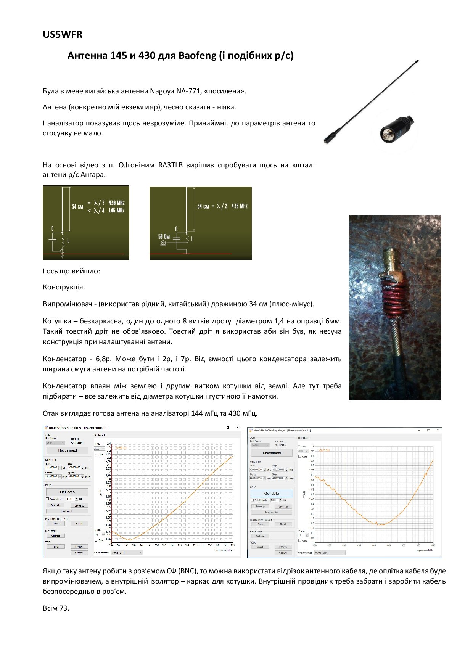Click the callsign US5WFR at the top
tap(63, 34)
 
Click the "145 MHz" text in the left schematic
tap(116, 211)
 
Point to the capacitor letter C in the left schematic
tap(53, 228)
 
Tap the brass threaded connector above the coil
tap(393, 260)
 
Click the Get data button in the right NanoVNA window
tap(271, 493)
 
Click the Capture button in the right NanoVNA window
tap(283, 553)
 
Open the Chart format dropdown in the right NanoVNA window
tap(329, 553)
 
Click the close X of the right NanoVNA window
tap(438, 430)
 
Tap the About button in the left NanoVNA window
tap(56, 547)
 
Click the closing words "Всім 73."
tap(56, 608)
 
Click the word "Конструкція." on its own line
tap(64, 287)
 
